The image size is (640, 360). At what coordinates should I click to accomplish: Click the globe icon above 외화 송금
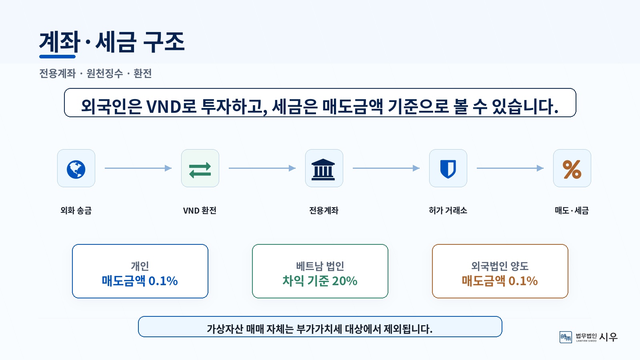(x=76, y=170)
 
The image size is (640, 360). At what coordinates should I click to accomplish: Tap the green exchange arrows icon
(x=200, y=170)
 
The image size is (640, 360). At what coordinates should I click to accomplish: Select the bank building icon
(x=323, y=170)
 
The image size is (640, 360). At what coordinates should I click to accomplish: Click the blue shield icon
(x=448, y=169)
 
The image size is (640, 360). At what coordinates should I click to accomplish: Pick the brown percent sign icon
(x=572, y=170)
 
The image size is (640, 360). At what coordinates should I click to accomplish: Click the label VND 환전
(x=200, y=210)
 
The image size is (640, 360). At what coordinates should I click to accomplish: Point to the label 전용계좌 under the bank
(x=324, y=210)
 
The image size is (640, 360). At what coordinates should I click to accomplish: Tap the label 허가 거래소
(x=448, y=210)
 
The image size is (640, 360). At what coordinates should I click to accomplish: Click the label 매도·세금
(x=572, y=210)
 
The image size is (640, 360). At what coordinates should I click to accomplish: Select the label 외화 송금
(x=76, y=210)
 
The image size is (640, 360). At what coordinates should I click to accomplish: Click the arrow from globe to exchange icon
(x=138, y=168)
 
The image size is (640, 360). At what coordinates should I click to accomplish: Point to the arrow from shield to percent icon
(x=510, y=168)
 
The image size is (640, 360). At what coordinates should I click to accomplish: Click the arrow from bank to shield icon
(x=386, y=168)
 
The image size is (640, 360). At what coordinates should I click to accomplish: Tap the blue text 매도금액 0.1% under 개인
(x=140, y=281)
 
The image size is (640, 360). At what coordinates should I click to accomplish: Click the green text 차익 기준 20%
(x=320, y=281)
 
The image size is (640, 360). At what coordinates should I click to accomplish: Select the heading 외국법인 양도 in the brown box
(x=500, y=266)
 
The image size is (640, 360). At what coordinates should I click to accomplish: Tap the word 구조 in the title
(x=164, y=42)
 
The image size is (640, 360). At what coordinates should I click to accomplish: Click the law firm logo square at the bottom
(x=566, y=337)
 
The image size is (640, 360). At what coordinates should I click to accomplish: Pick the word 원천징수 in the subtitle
(x=104, y=74)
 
